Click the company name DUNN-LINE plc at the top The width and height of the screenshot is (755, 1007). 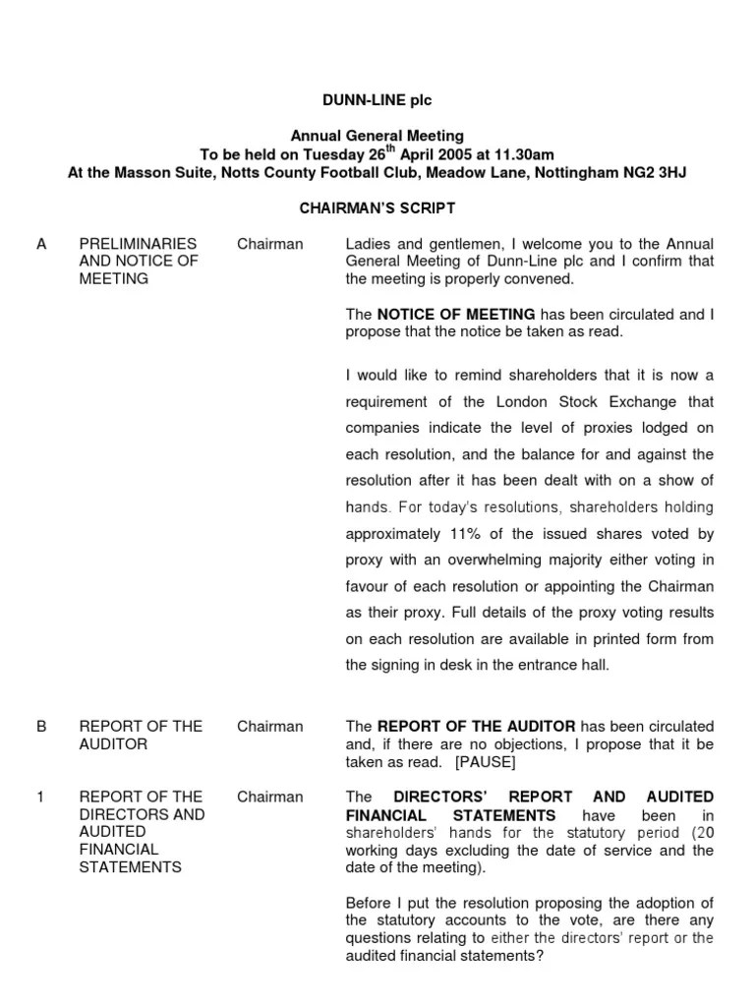click(377, 100)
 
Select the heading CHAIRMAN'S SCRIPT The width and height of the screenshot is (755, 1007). click(377, 208)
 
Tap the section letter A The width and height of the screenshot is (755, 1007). click(40, 244)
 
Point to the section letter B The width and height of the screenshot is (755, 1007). click(41, 727)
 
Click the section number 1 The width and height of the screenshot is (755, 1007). click(40, 797)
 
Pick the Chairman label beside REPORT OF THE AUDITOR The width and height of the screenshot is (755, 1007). click(269, 727)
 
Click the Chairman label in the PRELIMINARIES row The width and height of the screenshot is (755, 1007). click(269, 244)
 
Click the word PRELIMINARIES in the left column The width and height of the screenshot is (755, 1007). click(138, 244)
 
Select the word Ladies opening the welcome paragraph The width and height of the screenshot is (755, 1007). click(369, 244)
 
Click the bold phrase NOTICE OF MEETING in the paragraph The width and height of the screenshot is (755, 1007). click(456, 315)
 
